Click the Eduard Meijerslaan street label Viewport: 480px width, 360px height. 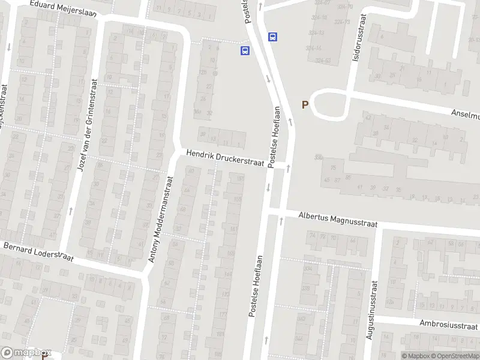point(58,8)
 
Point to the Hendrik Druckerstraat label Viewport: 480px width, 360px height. point(225,158)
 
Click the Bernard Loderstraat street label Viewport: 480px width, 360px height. point(37,252)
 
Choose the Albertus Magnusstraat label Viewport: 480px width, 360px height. point(338,220)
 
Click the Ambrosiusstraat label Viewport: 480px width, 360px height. point(441,323)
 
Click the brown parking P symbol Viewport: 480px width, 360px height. point(305,104)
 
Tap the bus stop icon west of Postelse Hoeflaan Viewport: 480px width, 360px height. point(245,51)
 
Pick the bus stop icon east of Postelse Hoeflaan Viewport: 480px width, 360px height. point(273,37)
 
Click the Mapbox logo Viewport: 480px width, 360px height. point(25,353)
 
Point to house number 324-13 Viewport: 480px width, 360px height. point(317,32)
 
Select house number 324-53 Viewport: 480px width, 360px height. point(323,61)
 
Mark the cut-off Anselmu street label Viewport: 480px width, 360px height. point(467,113)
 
